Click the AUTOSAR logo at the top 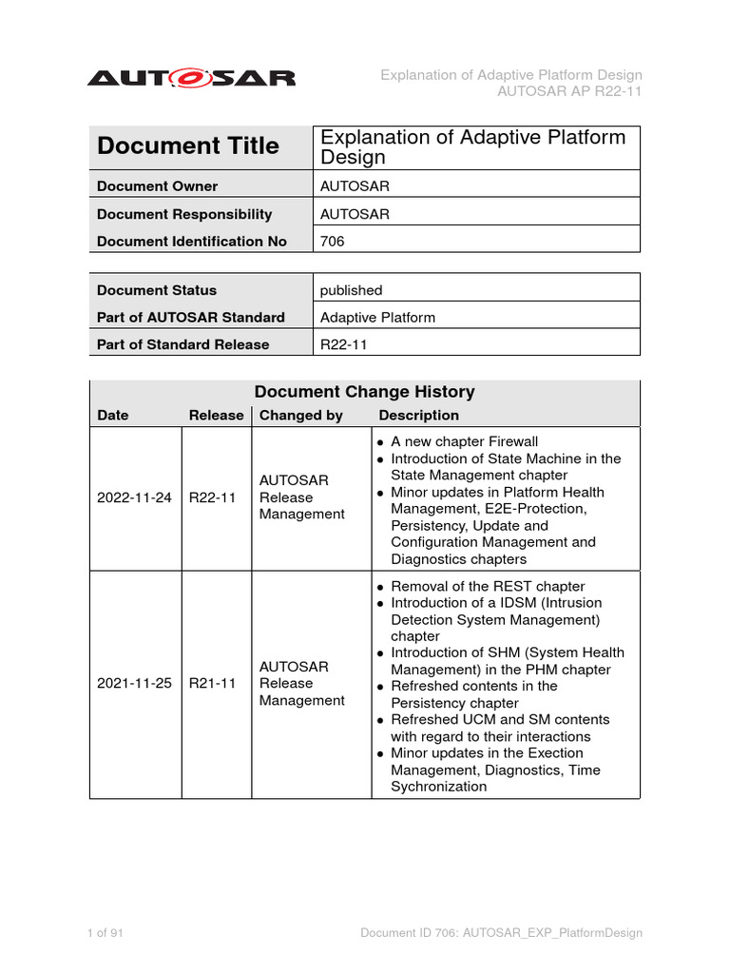[x=191, y=77]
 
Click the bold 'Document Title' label [x=188, y=146]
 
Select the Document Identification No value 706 [x=333, y=242]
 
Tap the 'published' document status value [x=351, y=290]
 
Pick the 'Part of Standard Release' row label [x=183, y=344]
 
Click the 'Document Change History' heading [x=364, y=392]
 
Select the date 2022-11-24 [x=135, y=497]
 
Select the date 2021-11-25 [x=135, y=683]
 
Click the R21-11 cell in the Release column [x=213, y=683]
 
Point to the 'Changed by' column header [x=301, y=416]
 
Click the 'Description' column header [x=418, y=416]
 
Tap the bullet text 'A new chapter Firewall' [x=464, y=441]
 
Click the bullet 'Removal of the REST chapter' [x=488, y=586]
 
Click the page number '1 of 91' [x=105, y=933]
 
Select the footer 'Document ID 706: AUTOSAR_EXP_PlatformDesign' [x=501, y=933]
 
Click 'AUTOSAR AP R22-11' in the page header [x=569, y=92]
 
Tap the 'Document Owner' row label [x=157, y=186]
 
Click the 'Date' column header [x=112, y=416]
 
